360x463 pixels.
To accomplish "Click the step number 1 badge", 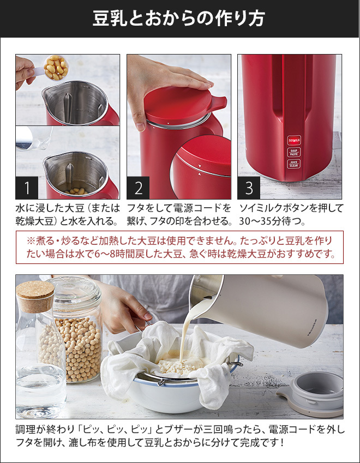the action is (27, 188).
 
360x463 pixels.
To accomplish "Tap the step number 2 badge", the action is (138, 188).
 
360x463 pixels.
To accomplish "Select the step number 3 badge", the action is (249, 188).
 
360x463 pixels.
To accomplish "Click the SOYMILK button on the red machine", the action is (294, 140).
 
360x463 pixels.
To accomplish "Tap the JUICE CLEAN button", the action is (294, 164).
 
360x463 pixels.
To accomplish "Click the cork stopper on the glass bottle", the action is (35, 297).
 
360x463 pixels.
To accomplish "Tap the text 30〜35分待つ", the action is (272, 221).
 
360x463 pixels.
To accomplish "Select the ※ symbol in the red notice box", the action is (31, 241).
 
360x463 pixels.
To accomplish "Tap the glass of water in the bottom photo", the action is (40, 390).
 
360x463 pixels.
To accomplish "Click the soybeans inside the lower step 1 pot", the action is (76, 191).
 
